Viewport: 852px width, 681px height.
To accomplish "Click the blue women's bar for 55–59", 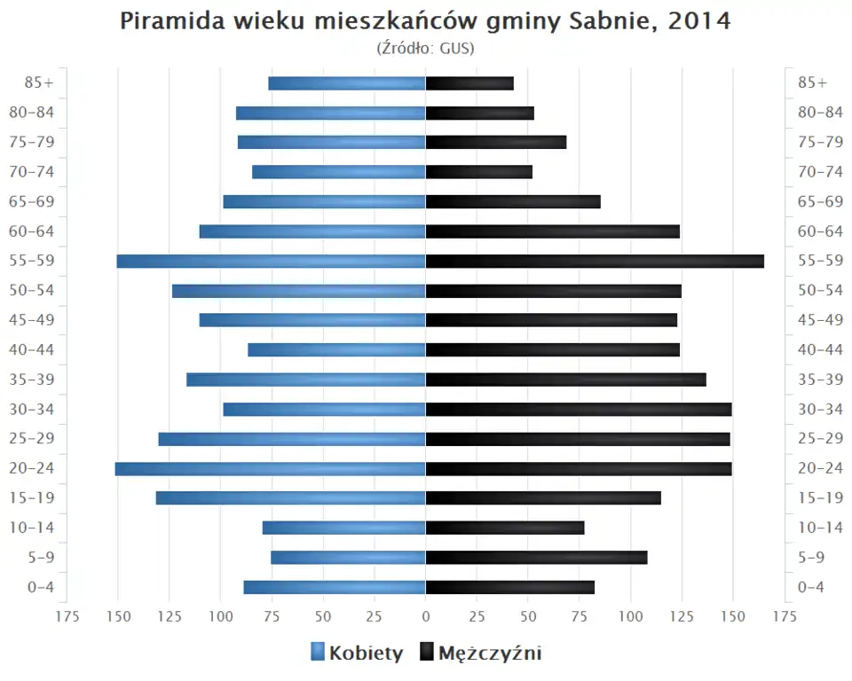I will click(271, 261).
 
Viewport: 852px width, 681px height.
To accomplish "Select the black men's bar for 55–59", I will click(595, 261).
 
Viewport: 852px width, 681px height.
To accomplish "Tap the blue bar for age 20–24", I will click(270, 468).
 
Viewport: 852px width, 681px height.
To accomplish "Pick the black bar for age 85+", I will click(469, 83).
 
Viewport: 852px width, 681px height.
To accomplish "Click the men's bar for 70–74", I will click(479, 172).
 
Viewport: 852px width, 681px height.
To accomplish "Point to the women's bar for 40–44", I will click(336, 349).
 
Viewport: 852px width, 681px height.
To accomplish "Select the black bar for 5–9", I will click(536, 557).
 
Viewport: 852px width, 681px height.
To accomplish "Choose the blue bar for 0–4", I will click(335, 587).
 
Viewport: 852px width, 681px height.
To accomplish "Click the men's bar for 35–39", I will click(565, 380).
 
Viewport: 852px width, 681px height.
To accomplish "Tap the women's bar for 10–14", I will click(343, 528).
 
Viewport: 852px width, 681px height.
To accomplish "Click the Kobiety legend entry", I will click(357, 654).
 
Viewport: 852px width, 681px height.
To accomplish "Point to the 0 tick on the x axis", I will click(426, 616).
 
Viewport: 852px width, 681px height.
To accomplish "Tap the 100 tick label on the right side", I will click(631, 616).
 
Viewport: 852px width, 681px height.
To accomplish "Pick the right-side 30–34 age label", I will click(820, 409).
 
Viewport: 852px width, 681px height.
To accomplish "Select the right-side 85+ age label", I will click(812, 83).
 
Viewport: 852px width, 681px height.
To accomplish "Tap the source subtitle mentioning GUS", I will click(426, 48).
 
